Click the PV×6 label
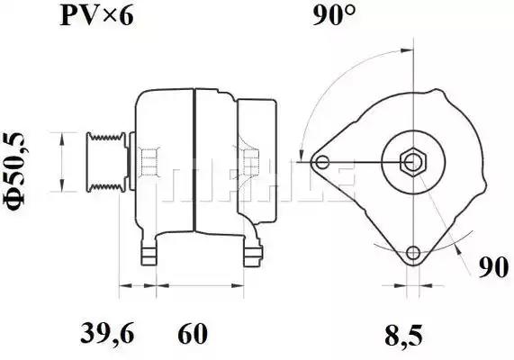(97, 15)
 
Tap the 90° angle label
(334, 15)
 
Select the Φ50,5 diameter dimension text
(14, 171)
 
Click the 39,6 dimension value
(107, 333)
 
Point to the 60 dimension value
(193, 333)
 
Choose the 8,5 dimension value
(404, 335)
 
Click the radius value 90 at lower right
(493, 267)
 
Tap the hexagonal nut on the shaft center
(413, 162)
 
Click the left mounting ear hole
(323, 162)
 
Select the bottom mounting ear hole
(413, 253)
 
